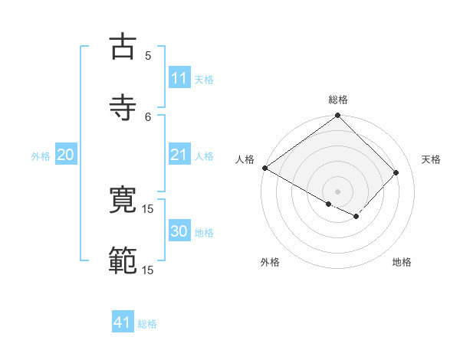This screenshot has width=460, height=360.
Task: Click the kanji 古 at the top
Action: [x=123, y=47]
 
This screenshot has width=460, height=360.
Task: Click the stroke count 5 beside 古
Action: [x=148, y=55]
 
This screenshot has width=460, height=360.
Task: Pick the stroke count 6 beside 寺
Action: [x=148, y=116]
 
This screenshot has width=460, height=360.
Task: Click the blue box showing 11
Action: [x=179, y=78]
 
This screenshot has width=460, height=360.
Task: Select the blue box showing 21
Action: [x=179, y=155]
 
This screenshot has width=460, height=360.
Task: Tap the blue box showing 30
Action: [x=179, y=231]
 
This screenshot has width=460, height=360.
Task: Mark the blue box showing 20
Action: [x=66, y=155]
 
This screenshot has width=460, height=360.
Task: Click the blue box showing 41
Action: [x=123, y=322]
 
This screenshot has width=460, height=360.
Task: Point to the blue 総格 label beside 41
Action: [x=147, y=324]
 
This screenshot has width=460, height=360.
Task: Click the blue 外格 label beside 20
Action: [x=41, y=156]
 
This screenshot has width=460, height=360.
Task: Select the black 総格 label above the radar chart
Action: [x=338, y=100]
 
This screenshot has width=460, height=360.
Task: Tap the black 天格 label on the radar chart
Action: [x=431, y=159]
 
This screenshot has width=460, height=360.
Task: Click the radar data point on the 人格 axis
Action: [x=264, y=168]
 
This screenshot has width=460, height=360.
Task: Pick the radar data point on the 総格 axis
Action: [x=338, y=116]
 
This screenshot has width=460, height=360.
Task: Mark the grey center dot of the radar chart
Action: [x=338, y=191]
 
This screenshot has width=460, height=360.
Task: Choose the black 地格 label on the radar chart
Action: [x=402, y=263]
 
